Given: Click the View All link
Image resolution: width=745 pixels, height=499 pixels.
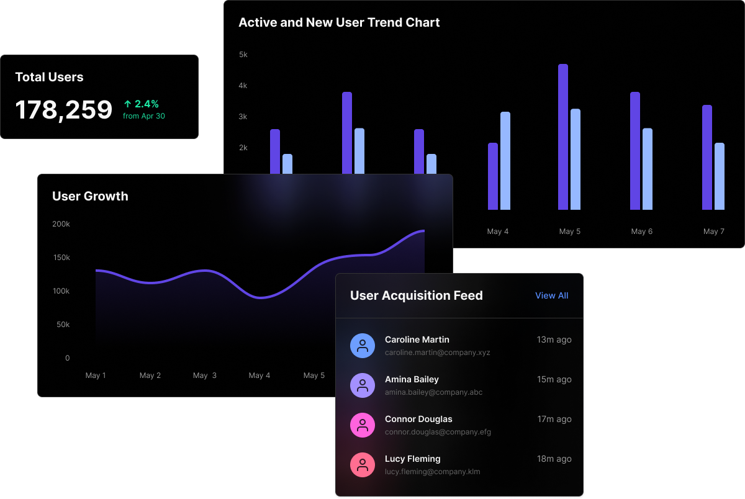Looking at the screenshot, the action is click(x=551, y=295).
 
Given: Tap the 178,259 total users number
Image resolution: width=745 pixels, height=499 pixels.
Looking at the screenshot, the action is click(x=64, y=110).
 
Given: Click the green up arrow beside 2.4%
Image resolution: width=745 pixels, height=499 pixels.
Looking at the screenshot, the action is click(x=127, y=104).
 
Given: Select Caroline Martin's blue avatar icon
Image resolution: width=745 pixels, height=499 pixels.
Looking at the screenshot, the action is click(x=363, y=346).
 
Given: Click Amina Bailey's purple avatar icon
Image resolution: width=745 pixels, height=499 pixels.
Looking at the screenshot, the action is click(x=363, y=385).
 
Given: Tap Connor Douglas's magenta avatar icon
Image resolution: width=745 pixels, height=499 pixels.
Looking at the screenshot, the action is click(x=363, y=425).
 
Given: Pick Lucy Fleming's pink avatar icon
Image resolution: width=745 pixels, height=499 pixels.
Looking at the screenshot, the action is click(x=363, y=465).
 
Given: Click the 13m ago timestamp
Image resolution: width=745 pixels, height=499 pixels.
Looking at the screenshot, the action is click(x=554, y=339).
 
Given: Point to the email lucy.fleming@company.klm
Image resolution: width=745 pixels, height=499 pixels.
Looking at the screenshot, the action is click(x=432, y=472).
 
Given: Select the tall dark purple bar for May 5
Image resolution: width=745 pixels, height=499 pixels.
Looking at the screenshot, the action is click(x=563, y=137).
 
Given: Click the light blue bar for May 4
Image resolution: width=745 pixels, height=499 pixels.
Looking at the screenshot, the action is click(x=505, y=161).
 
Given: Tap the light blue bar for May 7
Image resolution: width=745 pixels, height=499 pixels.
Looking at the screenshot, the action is click(x=720, y=176).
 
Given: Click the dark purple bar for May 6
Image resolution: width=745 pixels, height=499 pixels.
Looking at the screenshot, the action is click(x=635, y=151).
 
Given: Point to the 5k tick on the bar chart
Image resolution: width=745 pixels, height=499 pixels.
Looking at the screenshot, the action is click(x=243, y=55).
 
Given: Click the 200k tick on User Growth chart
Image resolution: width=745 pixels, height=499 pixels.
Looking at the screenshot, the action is click(x=61, y=223).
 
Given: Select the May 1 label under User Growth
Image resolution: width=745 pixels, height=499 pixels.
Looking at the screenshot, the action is click(x=96, y=375).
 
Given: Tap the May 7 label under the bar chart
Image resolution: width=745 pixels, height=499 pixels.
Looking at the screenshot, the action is click(x=714, y=232).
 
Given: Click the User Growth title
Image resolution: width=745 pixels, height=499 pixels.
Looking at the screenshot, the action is click(x=90, y=196).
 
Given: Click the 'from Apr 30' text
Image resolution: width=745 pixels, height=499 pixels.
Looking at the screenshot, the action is click(x=144, y=116).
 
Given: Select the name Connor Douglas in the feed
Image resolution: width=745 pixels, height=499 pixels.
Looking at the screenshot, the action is click(x=418, y=419).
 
